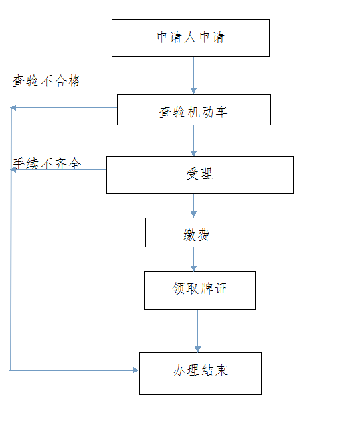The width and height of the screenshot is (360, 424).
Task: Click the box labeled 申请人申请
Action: tap(191, 38)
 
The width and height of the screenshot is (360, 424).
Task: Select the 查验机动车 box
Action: tap(194, 109)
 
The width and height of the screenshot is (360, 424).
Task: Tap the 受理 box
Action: tap(200, 175)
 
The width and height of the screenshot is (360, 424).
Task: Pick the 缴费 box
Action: tap(197, 232)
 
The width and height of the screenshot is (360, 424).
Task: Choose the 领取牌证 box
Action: tap(200, 291)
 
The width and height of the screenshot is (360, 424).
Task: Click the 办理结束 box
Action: tap(201, 374)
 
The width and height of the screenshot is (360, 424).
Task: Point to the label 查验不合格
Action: tap(46, 81)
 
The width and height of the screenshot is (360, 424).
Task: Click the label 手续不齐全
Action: tap(46, 163)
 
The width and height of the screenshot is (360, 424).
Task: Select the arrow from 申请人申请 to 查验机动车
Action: tap(193, 76)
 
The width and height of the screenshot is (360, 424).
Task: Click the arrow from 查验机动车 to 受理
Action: tap(193, 141)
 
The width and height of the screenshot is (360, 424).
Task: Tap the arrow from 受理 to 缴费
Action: tap(193, 206)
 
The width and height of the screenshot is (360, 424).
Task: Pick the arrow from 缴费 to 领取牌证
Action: tap(193, 259)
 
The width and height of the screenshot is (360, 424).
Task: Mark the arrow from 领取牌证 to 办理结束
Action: tap(197, 331)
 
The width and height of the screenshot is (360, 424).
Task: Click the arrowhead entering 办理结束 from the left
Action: tap(136, 370)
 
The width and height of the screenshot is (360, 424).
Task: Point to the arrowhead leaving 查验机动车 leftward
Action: tap(13, 107)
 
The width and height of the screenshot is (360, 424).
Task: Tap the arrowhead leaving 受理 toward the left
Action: tap(13, 170)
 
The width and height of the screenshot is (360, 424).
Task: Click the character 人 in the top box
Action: tap(190, 37)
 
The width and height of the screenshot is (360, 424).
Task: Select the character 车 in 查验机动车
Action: tap(221, 112)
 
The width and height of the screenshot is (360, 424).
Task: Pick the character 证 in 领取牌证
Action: tap(221, 288)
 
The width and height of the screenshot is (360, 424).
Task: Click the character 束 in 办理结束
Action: tap(221, 370)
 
